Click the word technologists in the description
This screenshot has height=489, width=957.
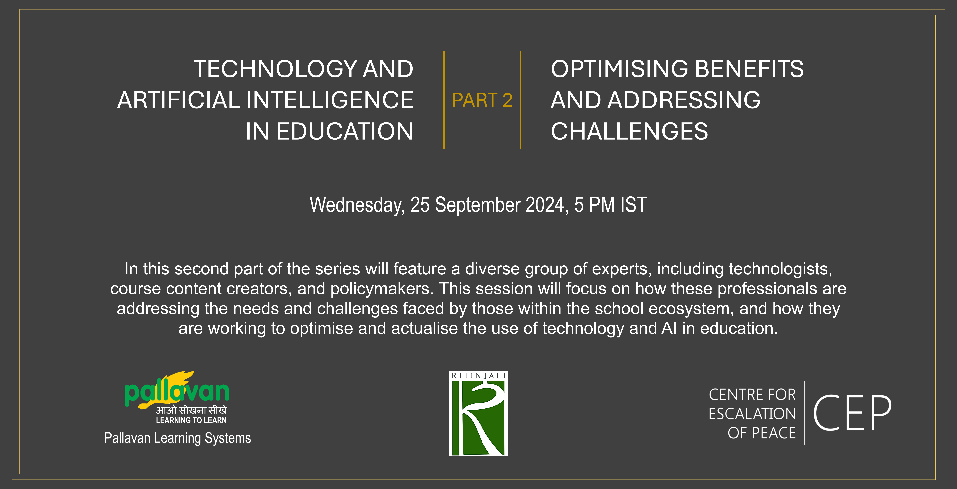click(x=780, y=269)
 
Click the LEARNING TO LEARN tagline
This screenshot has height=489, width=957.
click(x=191, y=420)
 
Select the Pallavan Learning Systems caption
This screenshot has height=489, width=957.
click(x=178, y=438)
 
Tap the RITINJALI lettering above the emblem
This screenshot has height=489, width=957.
click(x=478, y=376)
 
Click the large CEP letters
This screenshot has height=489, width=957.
click(x=852, y=413)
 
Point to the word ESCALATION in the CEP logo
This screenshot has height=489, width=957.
click(x=752, y=414)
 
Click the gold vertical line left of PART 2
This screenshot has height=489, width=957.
click(x=444, y=100)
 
